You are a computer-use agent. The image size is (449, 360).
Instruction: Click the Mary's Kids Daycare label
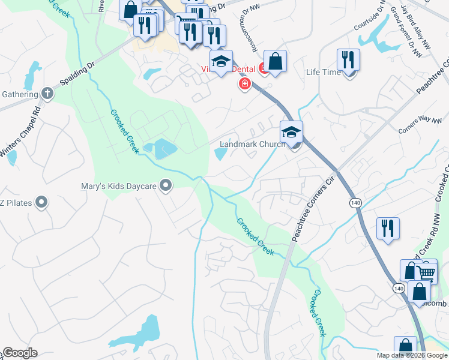119,186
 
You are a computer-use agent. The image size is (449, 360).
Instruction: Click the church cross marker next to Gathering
47,94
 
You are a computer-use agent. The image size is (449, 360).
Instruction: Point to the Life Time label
323,72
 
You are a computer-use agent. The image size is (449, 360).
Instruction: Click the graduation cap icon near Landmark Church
291,132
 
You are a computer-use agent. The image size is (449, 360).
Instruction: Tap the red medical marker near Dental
244,83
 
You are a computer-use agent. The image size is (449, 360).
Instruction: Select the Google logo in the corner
19,353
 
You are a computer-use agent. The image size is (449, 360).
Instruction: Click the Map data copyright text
412,355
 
